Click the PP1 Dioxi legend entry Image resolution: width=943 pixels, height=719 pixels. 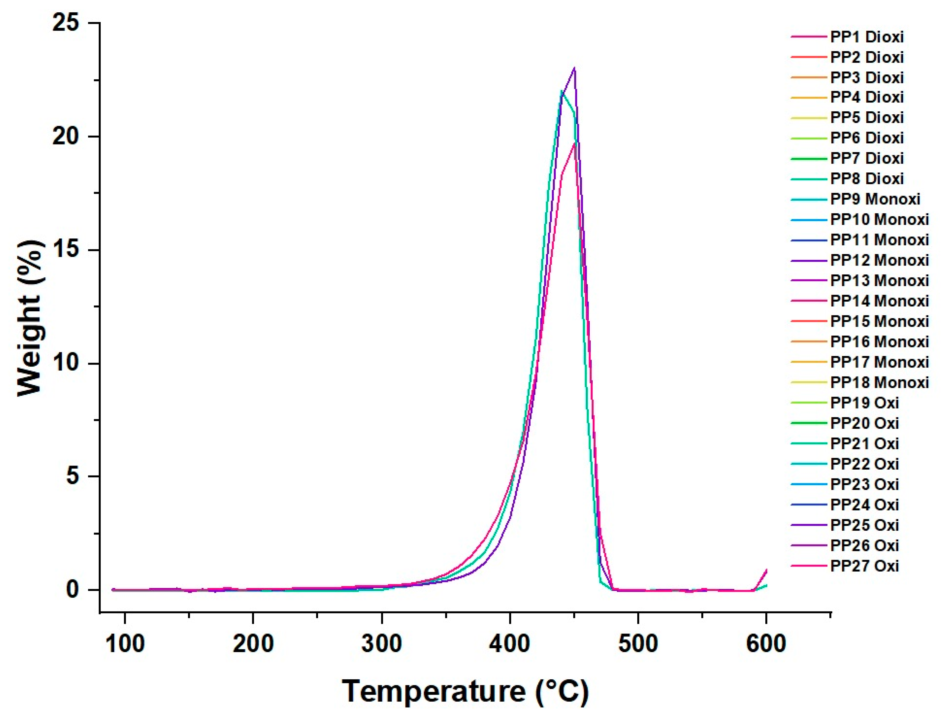(866, 37)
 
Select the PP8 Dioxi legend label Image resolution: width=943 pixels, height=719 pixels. (866, 179)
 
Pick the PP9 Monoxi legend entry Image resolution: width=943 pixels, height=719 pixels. (875, 199)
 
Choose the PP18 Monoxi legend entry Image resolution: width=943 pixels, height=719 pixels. (879, 382)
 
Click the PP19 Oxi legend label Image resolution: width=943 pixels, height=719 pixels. (864, 403)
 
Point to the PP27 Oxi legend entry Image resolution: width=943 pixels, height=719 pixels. (864, 566)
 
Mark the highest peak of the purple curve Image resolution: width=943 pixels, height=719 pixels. (574, 68)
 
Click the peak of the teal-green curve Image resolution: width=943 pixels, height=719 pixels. (561, 91)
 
